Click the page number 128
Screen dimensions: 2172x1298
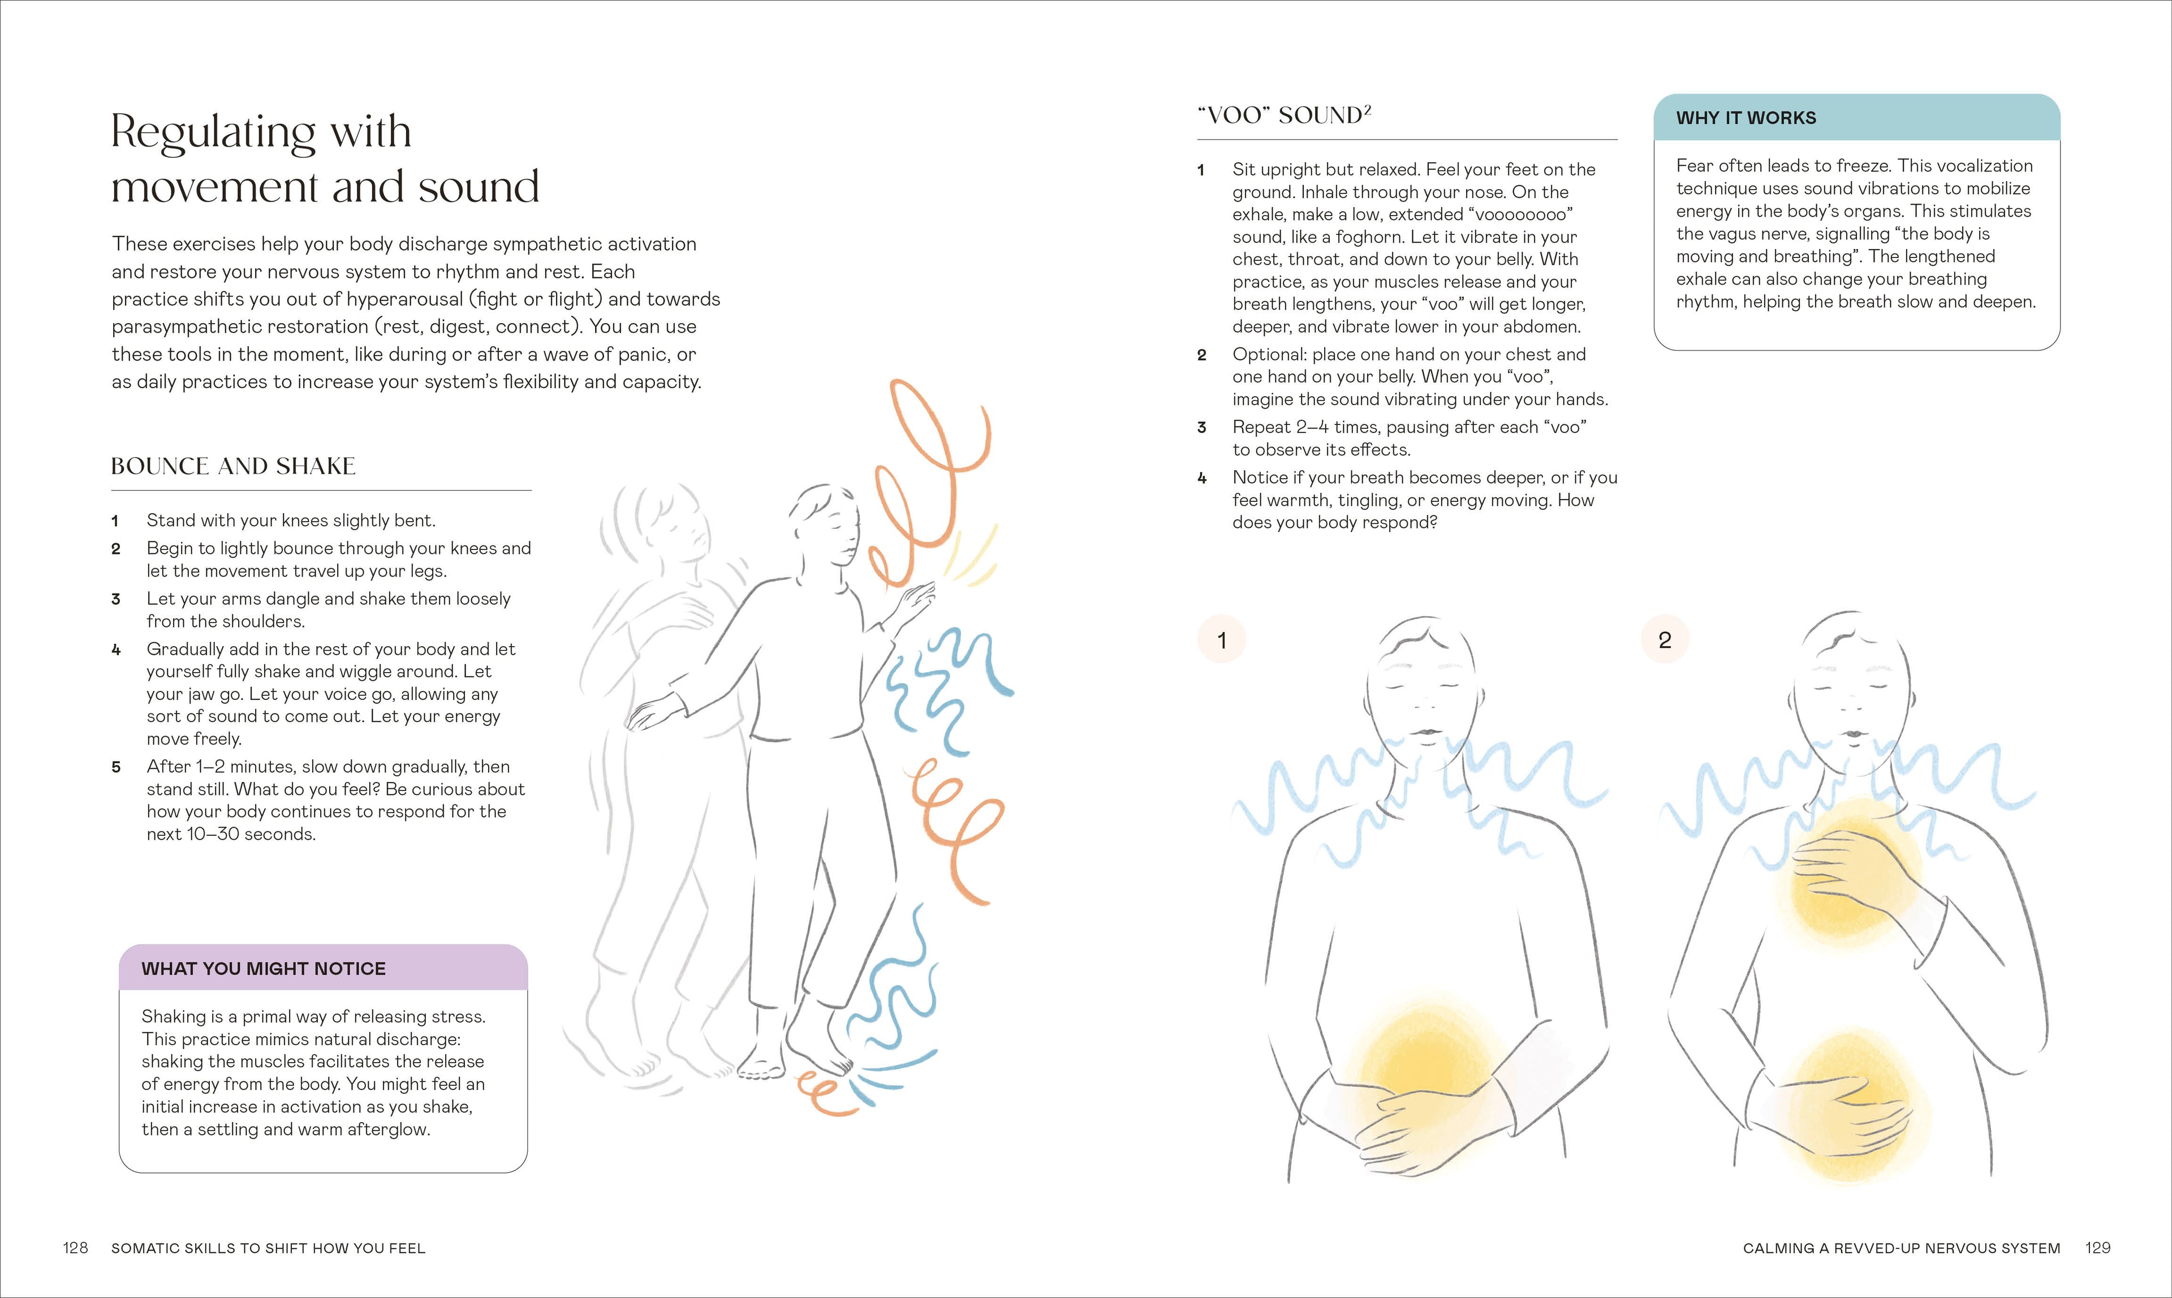75,1248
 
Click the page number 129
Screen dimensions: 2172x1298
2098,1248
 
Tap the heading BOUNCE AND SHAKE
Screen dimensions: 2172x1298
234,466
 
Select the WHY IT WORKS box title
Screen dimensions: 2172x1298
1746,118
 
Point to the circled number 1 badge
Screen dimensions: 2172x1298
1222,641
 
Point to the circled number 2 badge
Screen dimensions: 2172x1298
1665,641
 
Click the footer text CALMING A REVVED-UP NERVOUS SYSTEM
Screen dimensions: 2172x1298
1902,1248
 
